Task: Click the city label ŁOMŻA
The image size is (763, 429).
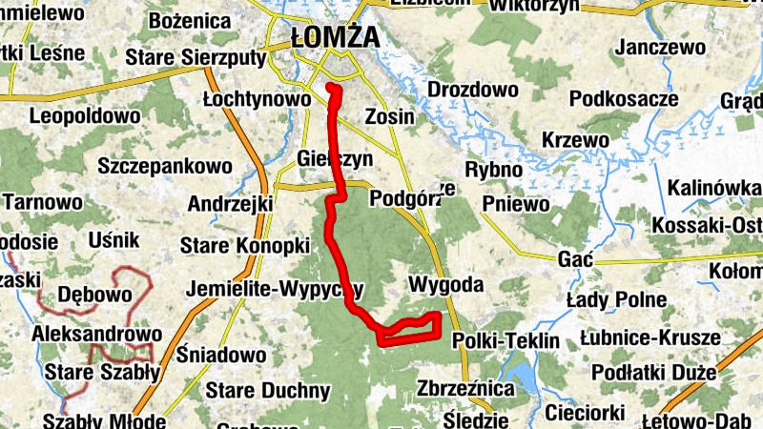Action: click(x=334, y=38)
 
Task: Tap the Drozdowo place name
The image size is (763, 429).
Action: click(x=473, y=91)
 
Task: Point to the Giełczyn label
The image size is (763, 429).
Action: click(x=334, y=158)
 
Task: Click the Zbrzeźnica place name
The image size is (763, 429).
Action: click(x=464, y=389)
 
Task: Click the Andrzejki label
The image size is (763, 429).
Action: click(x=231, y=203)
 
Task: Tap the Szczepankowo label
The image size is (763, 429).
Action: click(x=165, y=165)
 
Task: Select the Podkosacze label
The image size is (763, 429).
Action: click(x=623, y=98)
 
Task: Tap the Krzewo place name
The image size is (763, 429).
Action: click(x=575, y=139)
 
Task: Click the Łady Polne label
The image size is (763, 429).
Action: click(x=616, y=299)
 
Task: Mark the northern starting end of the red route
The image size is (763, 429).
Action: click(x=331, y=88)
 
